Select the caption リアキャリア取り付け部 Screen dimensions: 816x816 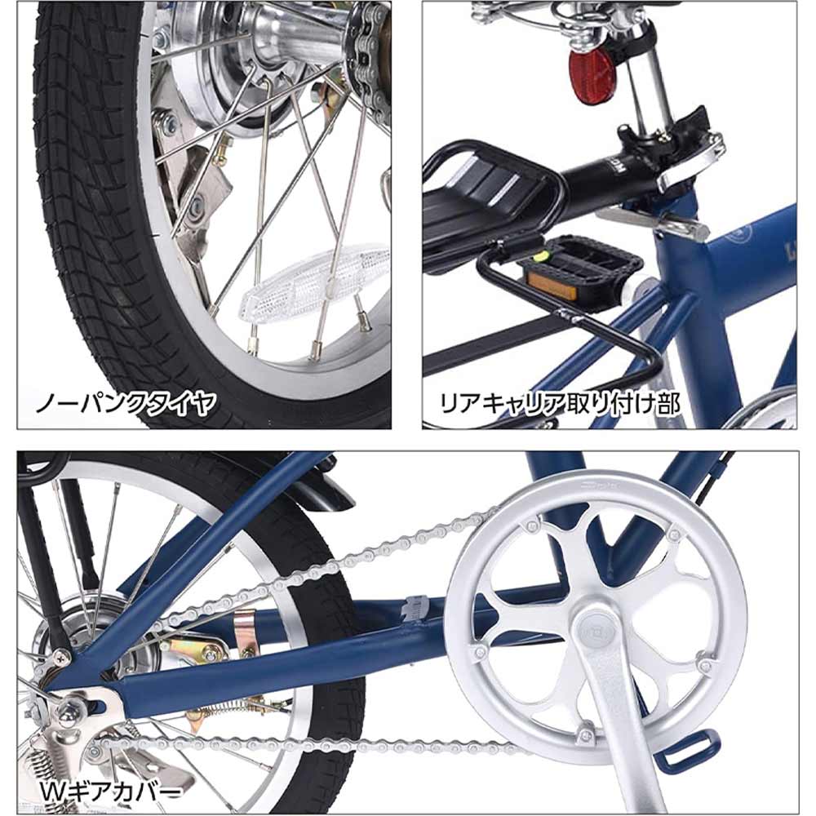[560, 403]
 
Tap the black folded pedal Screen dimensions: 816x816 [583, 271]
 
